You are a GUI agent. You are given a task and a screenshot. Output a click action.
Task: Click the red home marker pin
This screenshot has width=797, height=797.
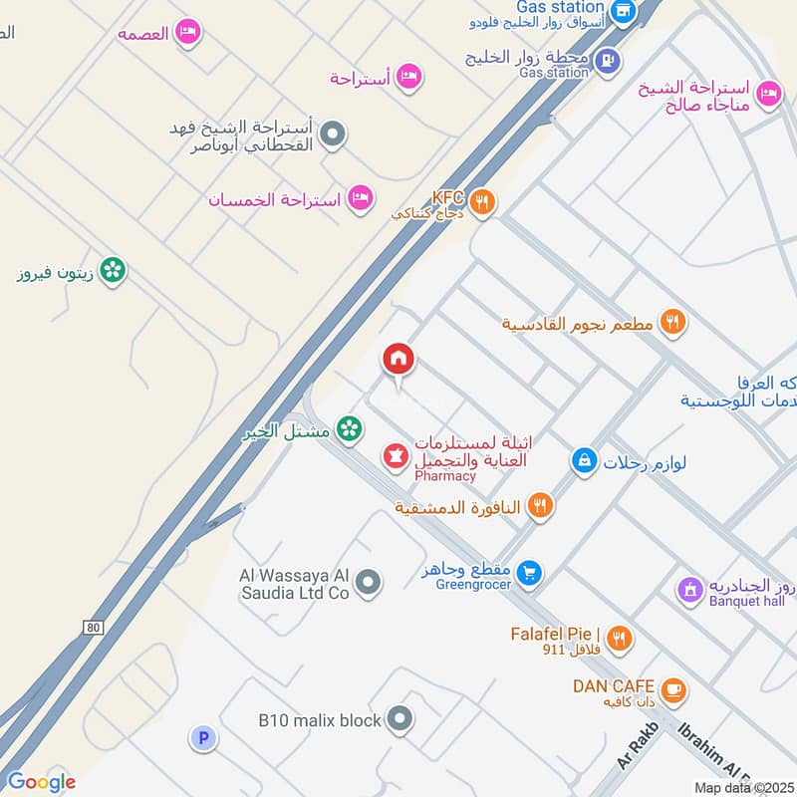398,360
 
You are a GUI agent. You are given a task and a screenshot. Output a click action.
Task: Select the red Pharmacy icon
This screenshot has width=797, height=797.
396,456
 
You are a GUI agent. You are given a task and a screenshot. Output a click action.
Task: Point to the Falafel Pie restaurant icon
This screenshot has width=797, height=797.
620,639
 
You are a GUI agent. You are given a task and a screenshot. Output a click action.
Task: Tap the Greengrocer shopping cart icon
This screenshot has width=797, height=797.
530,572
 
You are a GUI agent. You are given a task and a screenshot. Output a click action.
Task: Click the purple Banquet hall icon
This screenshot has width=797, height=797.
688,590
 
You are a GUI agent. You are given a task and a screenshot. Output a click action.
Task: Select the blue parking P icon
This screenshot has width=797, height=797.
203,738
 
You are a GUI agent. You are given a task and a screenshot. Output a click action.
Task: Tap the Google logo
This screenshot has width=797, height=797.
40,782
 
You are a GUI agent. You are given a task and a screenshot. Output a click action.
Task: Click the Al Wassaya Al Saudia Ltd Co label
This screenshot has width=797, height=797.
294,584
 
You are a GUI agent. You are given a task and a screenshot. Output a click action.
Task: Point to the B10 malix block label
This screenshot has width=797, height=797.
320,719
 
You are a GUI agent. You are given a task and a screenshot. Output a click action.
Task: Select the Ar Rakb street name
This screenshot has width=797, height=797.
639,744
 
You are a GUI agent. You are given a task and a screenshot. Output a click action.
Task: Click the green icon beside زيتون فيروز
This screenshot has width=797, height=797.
113,270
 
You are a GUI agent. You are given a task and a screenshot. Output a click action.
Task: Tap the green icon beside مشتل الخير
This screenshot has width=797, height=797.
348,429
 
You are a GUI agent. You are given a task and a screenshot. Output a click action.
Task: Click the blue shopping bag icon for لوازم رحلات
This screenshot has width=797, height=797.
584,460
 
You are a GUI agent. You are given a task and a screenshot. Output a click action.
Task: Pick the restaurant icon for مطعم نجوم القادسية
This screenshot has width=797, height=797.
673,322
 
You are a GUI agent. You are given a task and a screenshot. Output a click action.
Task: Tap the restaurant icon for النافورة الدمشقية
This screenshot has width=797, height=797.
541,505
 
